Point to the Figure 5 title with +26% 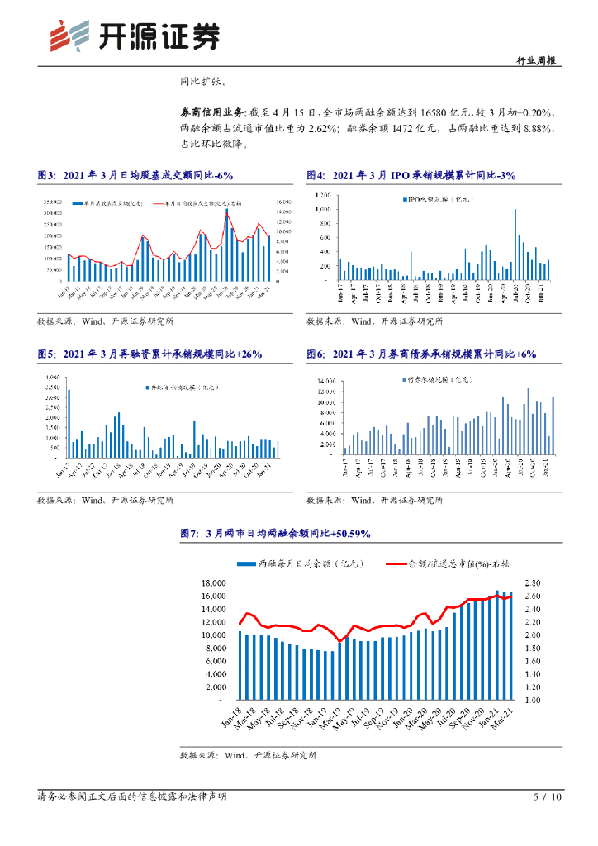click(149, 354)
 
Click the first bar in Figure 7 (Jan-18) click(240, 665)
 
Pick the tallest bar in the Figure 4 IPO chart click(515, 245)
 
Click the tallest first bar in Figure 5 click(69, 423)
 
